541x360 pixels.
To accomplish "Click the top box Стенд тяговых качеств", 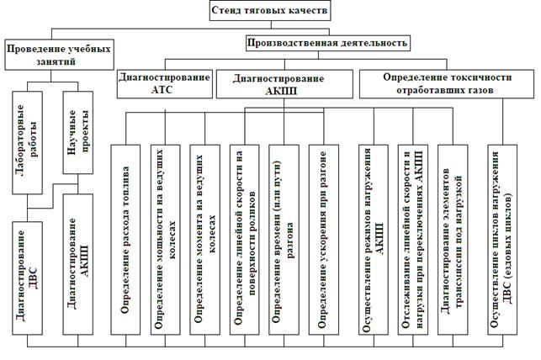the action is [x=270, y=10].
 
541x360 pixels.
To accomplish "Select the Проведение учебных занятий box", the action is [x=60, y=55].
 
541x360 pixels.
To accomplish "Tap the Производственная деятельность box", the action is [x=328, y=43].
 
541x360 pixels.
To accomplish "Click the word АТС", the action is [x=162, y=89].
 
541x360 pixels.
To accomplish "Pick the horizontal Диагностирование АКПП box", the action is [x=284, y=84].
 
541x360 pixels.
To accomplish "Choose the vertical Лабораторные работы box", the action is [x=27, y=142].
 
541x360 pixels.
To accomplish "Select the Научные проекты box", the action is [x=78, y=132].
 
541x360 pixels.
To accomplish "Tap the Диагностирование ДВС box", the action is [x=27, y=278].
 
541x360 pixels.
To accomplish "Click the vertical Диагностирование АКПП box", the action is [x=78, y=264].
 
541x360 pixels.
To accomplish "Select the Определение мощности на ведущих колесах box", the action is [x=165, y=240].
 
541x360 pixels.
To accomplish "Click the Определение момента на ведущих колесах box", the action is [x=205, y=240].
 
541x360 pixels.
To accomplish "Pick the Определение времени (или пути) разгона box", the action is [x=284, y=240].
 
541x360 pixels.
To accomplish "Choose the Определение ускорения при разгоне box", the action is [x=324, y=240].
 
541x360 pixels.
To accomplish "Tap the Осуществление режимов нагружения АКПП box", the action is [x=374, y=240].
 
